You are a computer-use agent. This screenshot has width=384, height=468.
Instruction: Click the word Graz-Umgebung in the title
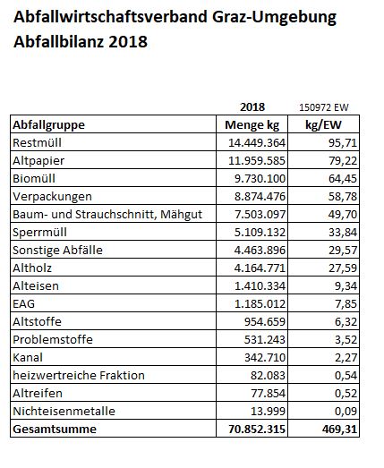point(274,17)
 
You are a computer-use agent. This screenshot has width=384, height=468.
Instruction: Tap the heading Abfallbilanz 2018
point(81,41)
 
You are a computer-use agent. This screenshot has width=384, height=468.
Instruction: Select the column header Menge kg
point(252,124)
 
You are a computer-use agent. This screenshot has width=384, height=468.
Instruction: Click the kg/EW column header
point(323,124)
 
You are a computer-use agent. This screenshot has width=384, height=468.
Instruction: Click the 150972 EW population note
point(324,107)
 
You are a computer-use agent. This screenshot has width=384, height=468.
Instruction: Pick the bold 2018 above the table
point(252,106)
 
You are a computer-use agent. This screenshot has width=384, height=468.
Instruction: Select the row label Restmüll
point(37,142)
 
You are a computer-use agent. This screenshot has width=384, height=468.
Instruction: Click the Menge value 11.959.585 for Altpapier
point(257,160)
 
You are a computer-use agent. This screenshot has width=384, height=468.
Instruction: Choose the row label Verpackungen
point(52,197)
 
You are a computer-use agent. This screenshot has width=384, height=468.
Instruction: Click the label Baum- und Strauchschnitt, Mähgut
point(107,215)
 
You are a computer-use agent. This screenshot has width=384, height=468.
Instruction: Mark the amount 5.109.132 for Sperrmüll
point(260,232)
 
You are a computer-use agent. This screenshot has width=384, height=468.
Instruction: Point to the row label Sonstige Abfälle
point(57,251)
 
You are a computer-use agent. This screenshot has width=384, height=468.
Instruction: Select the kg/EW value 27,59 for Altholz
point(343,268)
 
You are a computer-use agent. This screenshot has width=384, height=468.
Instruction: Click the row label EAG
point(24,304)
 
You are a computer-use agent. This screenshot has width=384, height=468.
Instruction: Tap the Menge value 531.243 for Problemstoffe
point(265,340)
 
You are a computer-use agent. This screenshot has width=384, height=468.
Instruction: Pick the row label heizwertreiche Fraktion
point(79,376)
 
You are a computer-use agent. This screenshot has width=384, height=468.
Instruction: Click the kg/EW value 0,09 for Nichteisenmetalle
point(346,412)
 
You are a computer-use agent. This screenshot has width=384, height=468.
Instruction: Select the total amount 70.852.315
point(257,430)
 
